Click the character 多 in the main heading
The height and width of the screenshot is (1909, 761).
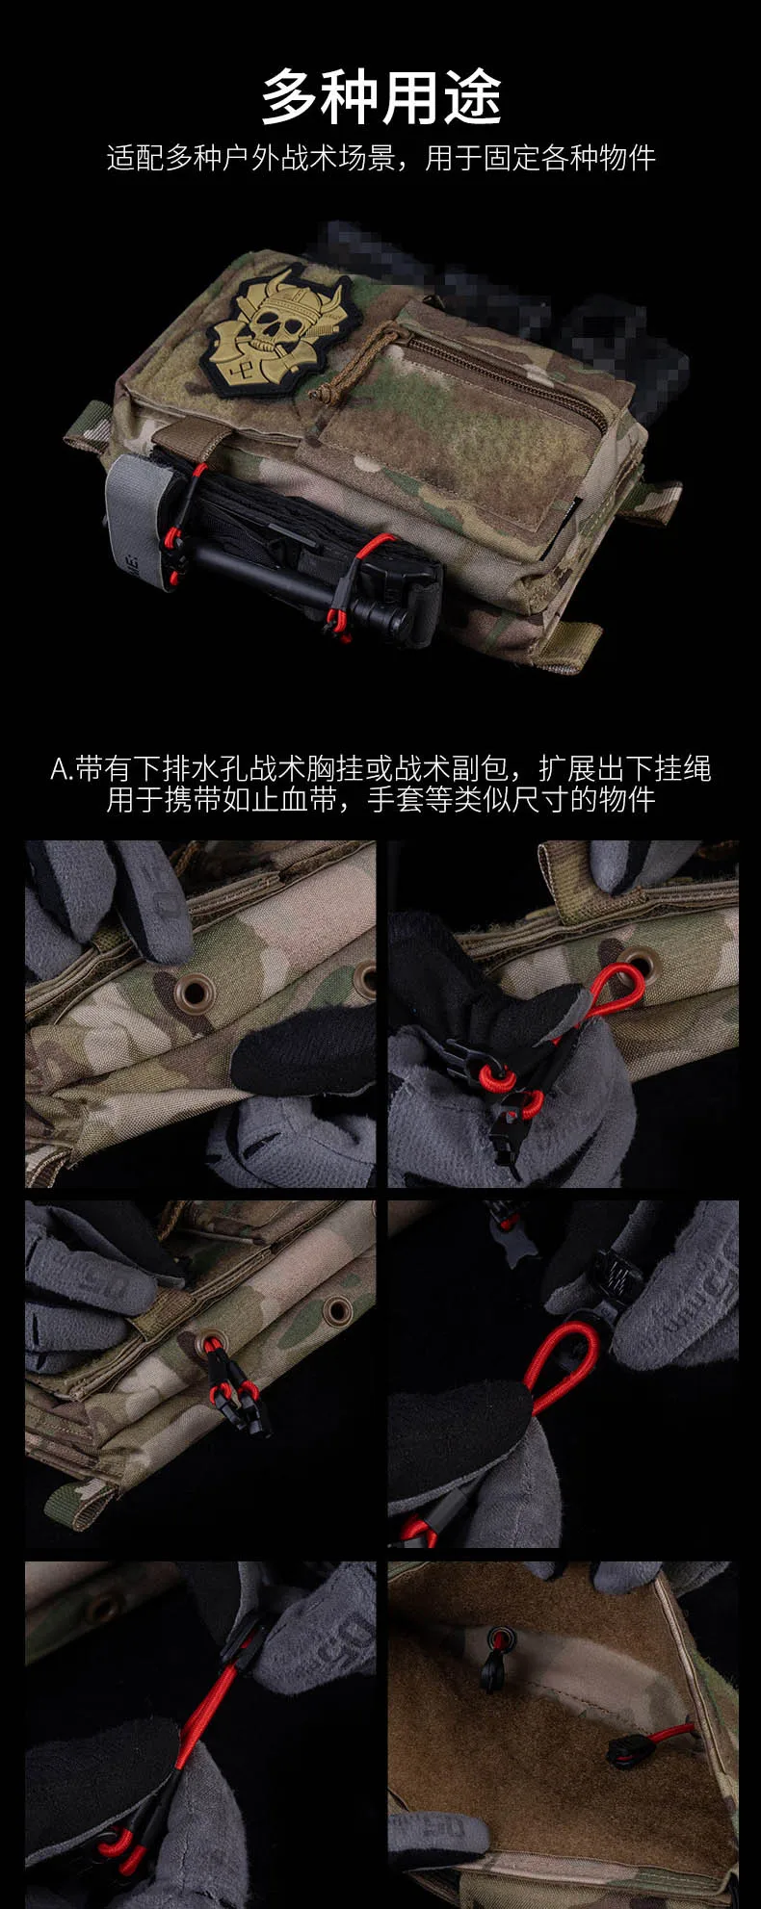pos(292,96)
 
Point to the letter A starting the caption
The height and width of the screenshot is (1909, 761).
pos(59,770)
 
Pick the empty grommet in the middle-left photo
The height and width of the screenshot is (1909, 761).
pos(338,1309)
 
